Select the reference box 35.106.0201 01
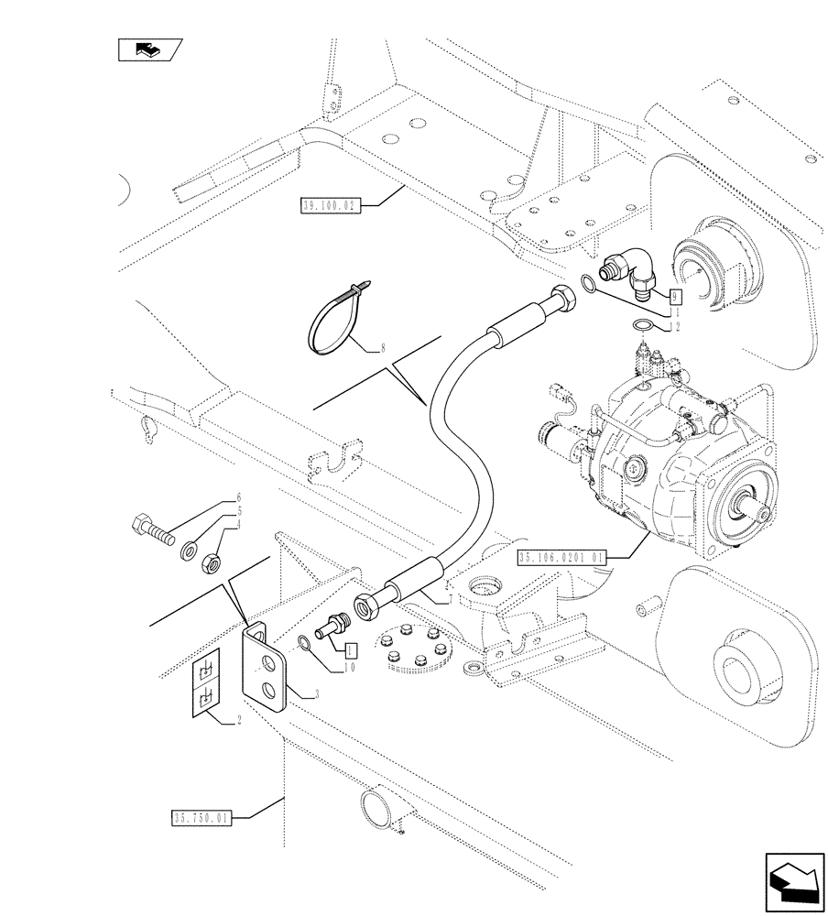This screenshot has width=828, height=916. click(x=561, y=556)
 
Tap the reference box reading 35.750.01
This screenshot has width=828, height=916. click(x=201, y=817)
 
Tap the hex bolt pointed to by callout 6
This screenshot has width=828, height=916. click(x=153, y=530)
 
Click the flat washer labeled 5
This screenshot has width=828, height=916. click(x=191, y=550)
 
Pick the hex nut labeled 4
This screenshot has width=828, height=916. click(x=210, y=560)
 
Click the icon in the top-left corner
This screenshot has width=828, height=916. click(x=150, y=50)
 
